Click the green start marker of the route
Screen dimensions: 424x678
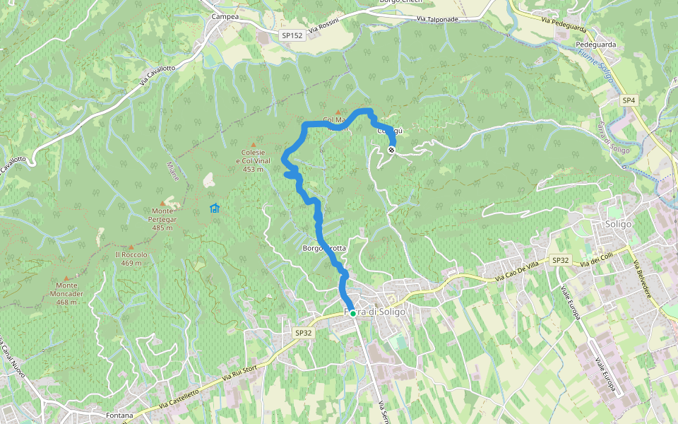click(x=352, y=313)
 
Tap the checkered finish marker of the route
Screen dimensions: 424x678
click(x=391, y=149)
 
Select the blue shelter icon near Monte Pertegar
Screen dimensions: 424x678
click(x=214, y=208)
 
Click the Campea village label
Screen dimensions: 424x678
click(x=225, y=16)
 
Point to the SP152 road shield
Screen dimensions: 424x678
click(x=292, y=35)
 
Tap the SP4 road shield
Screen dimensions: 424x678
click(x=629, y=100)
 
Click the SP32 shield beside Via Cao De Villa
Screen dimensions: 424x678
click(x=560, y=261)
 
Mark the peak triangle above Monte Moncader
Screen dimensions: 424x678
click(x=66, y=278)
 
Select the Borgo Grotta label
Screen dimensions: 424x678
click(x=324, y=248)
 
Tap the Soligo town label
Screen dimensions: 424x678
click(x=618, y=224)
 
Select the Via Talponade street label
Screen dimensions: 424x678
click(x=437, y=20)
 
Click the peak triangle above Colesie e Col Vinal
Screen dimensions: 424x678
click(x=253, y=144)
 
